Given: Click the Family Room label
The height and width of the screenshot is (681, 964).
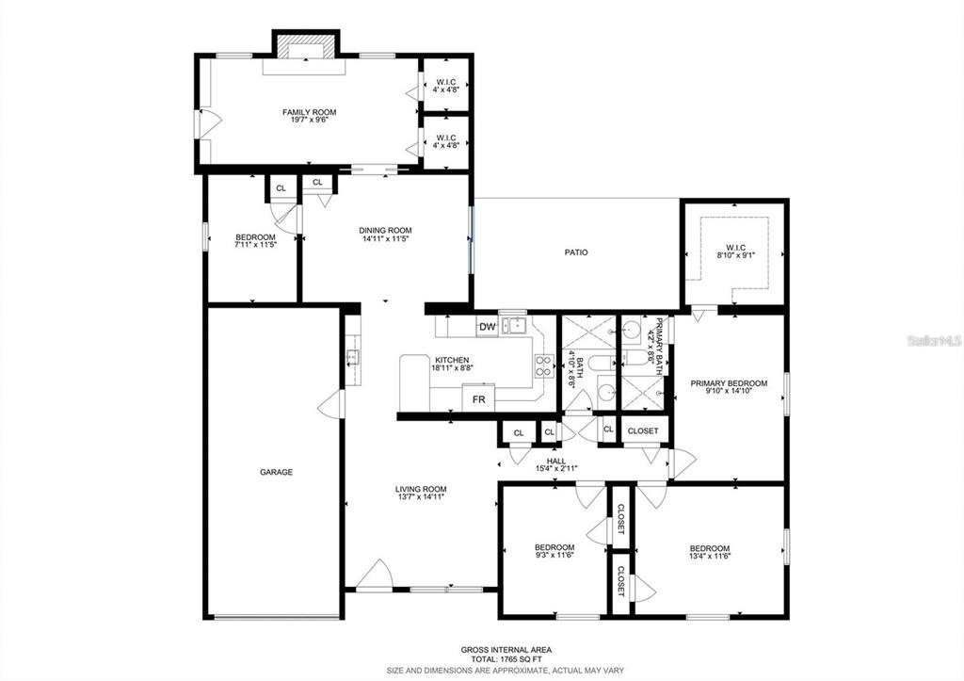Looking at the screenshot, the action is tap(309, 112).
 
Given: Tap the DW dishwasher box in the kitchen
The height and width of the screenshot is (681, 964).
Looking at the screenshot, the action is tap(487, 327).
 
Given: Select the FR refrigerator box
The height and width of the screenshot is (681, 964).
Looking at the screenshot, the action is tap(479, 398).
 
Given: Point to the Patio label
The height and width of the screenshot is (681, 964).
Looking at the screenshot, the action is tap(576, 252).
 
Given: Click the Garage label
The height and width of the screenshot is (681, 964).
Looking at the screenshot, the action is tap(276, 472).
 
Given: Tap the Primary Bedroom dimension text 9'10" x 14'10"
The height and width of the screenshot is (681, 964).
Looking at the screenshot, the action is tap(729, 391).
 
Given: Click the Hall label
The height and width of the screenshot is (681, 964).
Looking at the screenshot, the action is tap(556, 461).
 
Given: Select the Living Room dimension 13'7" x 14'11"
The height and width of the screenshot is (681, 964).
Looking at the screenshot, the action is tap(421, 497).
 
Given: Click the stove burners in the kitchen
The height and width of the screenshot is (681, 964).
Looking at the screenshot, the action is tap(543, 365).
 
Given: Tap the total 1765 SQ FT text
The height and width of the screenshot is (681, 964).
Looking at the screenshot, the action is tap(506, 659).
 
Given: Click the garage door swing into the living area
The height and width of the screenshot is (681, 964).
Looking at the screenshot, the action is tap(330, 404).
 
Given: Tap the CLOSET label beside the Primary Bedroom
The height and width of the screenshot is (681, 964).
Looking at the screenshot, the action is tap(642, 431).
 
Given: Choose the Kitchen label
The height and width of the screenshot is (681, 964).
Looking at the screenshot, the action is tap(452, 360).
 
